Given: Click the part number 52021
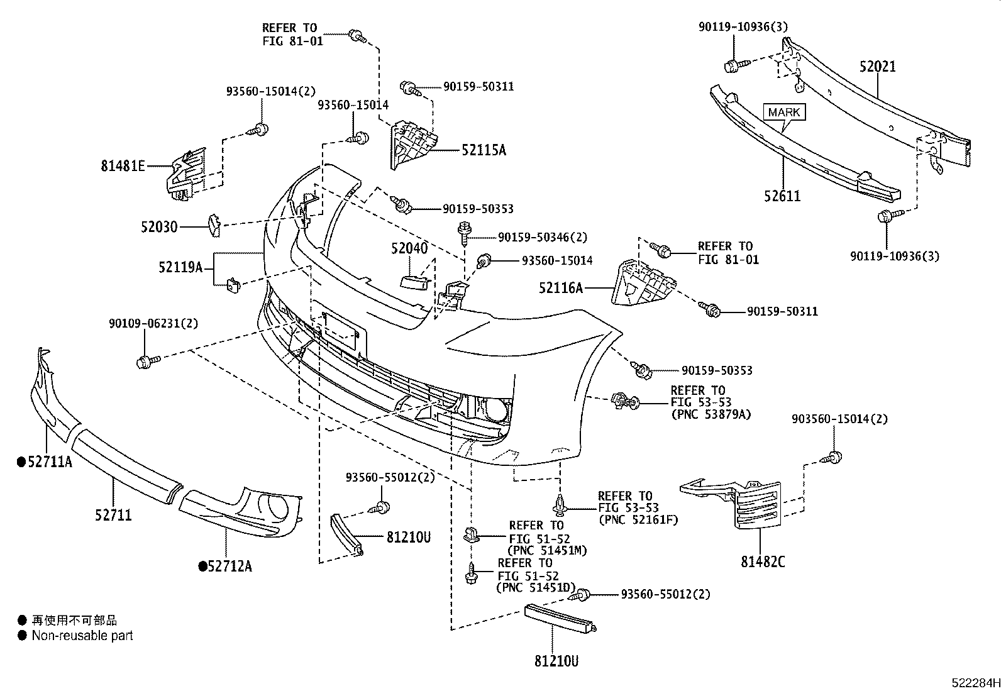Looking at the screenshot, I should tap(878, 66).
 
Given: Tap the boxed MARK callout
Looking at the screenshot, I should tap(784, 113).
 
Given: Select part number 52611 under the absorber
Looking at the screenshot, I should tap(783, 196).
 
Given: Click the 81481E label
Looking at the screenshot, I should tap(123, 167).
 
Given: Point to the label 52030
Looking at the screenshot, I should tap(159, 226).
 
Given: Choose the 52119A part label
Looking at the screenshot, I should tap(180, 268).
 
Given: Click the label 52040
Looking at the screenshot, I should tap(409, 248).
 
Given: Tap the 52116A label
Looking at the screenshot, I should tap(561, 288).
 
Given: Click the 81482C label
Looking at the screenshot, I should tap(762, 561).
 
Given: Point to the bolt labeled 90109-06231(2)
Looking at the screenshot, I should tap(144, 361).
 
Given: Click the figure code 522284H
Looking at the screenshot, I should tap(974, 682).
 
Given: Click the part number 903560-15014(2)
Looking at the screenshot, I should tap(839, 419).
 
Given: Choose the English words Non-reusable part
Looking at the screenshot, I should tap(82, 636).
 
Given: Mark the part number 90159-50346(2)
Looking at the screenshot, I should tap(542, 237).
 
